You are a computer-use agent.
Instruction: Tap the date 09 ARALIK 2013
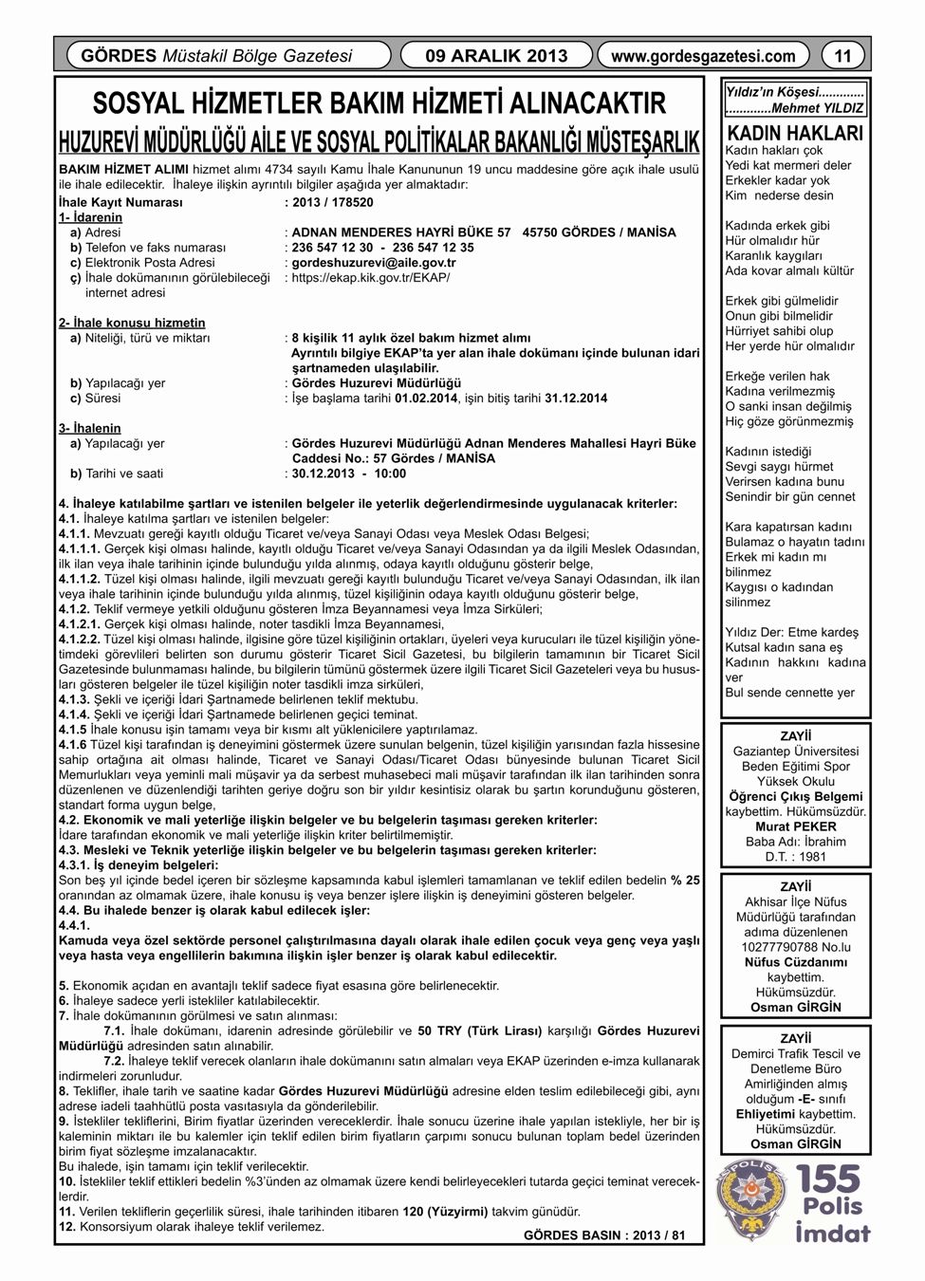click(497, 56)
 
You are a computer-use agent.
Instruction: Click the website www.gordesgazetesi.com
click(703, 56)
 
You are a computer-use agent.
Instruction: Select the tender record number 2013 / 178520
click(333, 202)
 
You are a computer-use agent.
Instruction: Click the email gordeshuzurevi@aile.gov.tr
click(374, 263)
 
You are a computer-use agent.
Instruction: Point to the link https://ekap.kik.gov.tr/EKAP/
click(371, 278)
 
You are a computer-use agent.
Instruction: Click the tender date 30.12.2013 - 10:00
click(348, 473)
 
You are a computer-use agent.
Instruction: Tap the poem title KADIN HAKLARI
click(794, 133)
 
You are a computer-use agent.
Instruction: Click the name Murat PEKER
click(794, 826)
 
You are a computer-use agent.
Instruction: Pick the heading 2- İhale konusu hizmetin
click(132, 323)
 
